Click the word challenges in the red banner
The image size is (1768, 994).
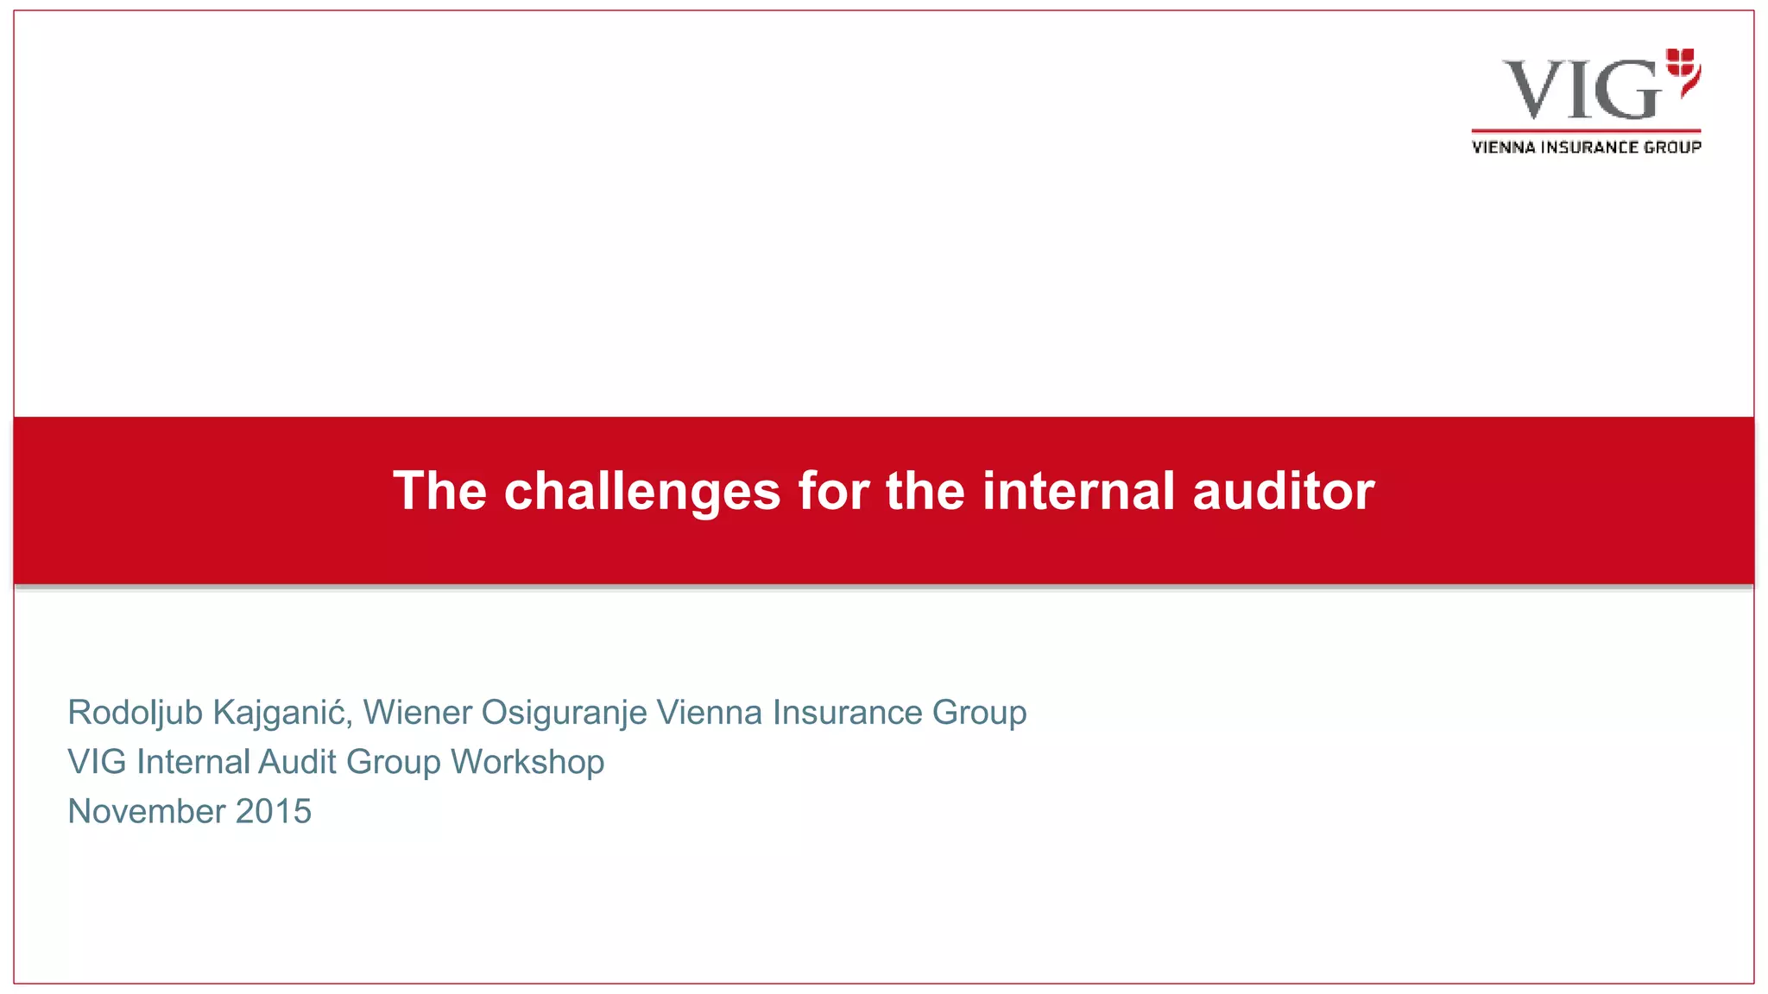click(x=642, y=492)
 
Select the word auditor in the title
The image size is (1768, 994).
click(x=1283, y=492)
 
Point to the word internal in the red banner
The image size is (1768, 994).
click(x=1078, y=492)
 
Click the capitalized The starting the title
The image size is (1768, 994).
click(x=439, y=492)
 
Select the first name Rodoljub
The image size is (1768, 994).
click(x=135, y=713)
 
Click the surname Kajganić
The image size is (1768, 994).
click(x=282, y=713)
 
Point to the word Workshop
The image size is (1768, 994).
click(x=527, y=762)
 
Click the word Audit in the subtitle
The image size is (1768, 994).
click(x=297, y=762)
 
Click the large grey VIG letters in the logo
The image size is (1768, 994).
click(x=1581, y=90)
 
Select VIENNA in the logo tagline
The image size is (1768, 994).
click(x=1503, y=148)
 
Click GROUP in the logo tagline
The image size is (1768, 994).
click(x=1672, y=148)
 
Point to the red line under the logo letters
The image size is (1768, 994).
click(x=1586, y=131)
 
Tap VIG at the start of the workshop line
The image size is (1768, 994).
click(x=98, y=762)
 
